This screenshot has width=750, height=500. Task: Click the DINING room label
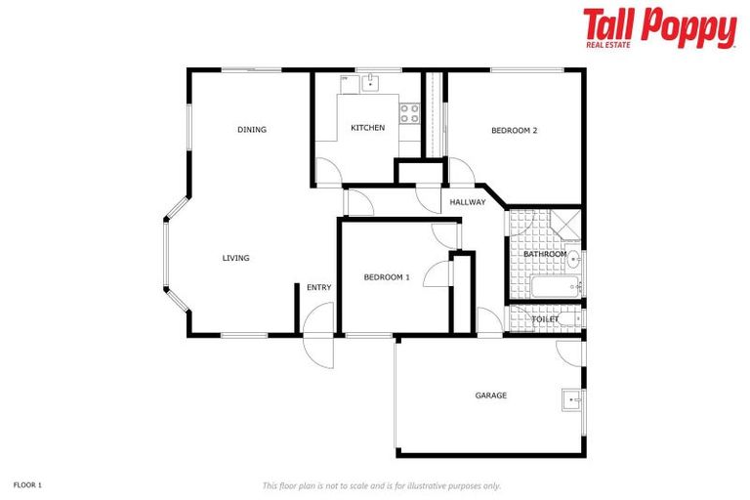click(251, 130)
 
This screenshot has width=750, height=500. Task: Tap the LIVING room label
click(235, 258)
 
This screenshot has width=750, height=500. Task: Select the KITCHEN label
click(367, 128)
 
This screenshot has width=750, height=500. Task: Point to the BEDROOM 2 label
click(514, 130)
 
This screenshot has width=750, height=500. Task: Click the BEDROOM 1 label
click(386, 277)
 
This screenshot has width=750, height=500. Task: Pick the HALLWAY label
click(467, 202)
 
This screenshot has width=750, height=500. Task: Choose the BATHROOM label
click(544, 254)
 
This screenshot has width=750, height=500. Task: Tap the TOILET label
click(544, 319)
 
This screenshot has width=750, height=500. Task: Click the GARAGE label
click(490, 396)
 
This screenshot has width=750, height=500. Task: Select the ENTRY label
click(318, 287)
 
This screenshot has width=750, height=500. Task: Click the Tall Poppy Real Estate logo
click(659, 29)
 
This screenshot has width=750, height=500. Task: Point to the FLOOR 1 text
click(27, 484)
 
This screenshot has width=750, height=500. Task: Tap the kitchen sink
click(370, 84)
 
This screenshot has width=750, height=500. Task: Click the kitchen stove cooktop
click(410, 113)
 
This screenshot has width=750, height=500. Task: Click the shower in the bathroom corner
click(563, 224)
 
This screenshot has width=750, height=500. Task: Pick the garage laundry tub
click(571, 400)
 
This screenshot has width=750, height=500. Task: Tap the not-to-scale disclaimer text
click(381, 485)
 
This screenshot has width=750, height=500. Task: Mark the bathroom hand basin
click(574, 260)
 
